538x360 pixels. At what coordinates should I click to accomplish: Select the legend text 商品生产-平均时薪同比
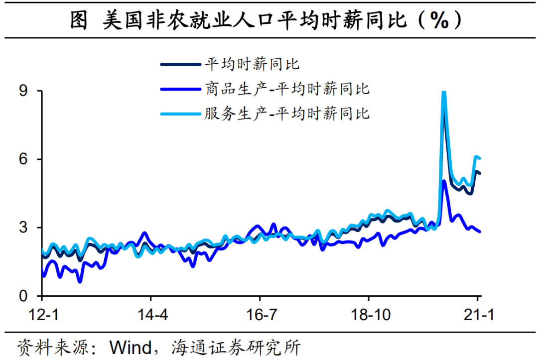pos(287,89)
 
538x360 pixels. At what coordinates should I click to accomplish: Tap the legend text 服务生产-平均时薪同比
pos(287,113)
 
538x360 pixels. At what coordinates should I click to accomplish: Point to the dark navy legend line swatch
pos(179,64)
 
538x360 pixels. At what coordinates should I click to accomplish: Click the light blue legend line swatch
pos(179,114)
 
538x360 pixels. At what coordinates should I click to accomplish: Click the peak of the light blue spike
pos(444,93)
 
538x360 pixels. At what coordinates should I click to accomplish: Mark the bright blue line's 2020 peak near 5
pos(444,181)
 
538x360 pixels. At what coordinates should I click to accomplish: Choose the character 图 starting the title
pos(79,21)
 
